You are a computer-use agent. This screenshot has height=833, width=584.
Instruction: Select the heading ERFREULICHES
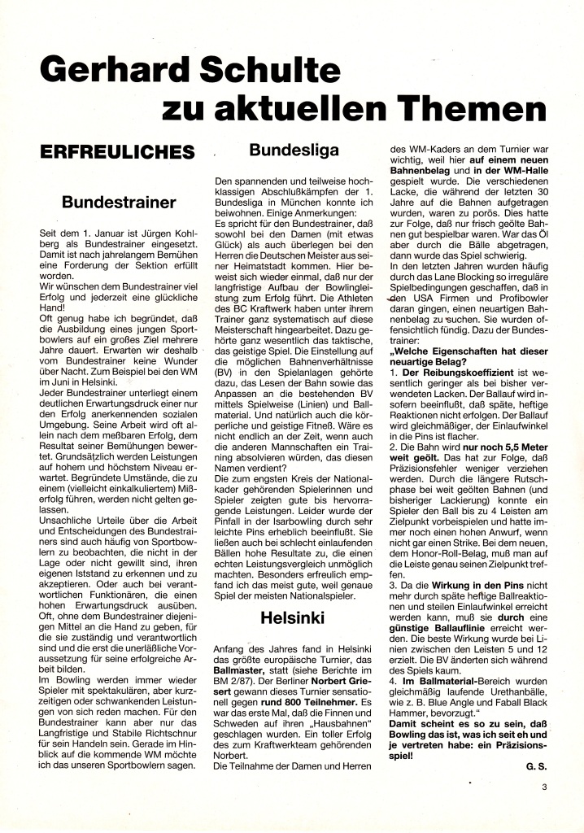click(x=118, y=151)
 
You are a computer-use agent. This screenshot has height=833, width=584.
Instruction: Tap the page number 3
click(x=544, y=787)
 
